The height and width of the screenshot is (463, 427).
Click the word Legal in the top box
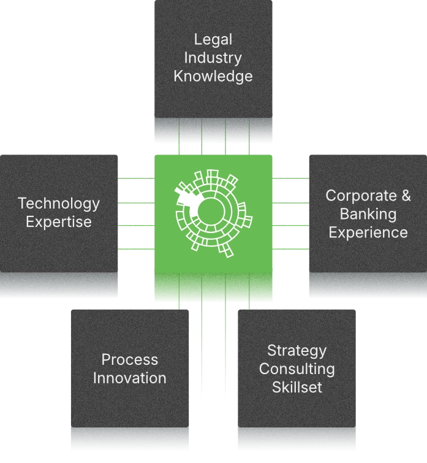tap(213, 40)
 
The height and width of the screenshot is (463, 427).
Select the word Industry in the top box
tap(213, 58)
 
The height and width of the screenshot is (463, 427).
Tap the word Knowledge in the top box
tap(213, 77)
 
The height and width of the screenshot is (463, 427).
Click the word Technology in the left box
tap(59, 204)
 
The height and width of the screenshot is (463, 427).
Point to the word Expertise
tap(59, 222)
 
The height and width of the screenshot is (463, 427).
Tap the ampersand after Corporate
tap(406, 196)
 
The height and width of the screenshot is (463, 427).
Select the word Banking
tap(368, 214)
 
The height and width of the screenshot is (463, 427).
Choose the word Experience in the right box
tap(368, 232)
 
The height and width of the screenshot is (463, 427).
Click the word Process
tap(130, 360)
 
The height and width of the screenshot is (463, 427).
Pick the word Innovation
tap(130, 378)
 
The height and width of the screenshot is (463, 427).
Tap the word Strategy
tap(297, 351)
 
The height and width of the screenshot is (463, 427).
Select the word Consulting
tap(297, 369)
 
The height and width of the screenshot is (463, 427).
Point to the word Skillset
tap(297, 388)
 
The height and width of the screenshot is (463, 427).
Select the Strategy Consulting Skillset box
tap(297, 411)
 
